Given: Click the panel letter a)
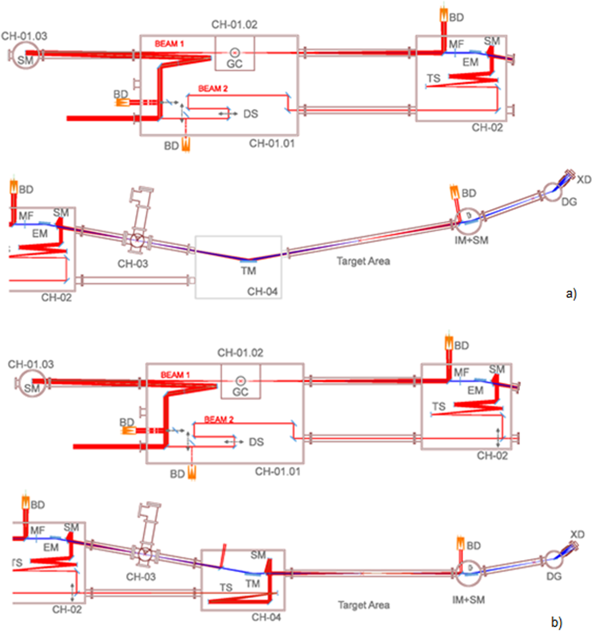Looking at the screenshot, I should pos(571,293).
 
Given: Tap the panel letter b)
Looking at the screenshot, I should pos(556,622).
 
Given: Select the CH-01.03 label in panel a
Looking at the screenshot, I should pos(24,36).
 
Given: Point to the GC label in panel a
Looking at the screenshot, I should pos(234,64).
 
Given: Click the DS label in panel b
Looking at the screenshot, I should pos(256,442).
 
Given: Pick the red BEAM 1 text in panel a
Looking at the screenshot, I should pos(169,44).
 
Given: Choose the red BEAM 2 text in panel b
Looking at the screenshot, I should pos(219,420).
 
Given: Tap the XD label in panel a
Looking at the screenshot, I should pos(584,180).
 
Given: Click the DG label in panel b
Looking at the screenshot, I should pos(554,576).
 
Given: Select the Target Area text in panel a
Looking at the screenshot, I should pos(363,261).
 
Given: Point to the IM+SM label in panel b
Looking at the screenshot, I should pos(468,600).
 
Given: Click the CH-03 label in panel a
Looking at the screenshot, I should pos(133,264).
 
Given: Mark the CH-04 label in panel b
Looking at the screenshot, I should pos(266,617).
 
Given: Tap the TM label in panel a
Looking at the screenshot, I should pos(249,271).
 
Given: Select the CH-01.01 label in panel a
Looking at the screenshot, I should pos(272,143).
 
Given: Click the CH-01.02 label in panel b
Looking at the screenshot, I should pos(240,353).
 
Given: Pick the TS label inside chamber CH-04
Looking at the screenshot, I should pos(226,587).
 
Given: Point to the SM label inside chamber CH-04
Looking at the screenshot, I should pos(258,555).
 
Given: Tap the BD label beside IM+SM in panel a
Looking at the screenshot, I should pos(469,193).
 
